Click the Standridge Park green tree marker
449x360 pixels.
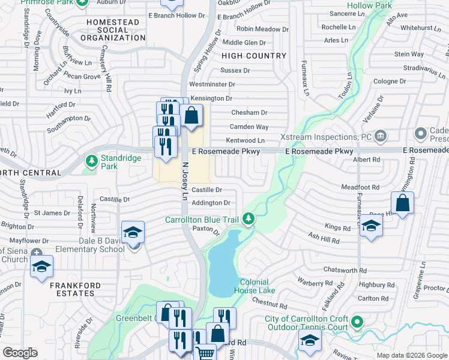[x=91, y=160]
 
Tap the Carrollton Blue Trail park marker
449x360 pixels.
[x=248, y=220]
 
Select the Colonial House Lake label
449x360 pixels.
[x=258, y=286]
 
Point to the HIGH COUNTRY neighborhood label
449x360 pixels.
[x=254, y=56]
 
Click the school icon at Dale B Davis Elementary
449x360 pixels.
[x=133, y=232]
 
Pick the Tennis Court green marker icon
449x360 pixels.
[x=358, y=322]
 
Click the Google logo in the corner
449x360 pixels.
[x=20, y=353]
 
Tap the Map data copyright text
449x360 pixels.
[x=412, y=355]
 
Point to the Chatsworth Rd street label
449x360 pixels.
[x=345, y=271]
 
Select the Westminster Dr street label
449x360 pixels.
[x=211, y=85]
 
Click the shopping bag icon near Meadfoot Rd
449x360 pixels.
[x=403, y=203]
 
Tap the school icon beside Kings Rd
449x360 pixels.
[x=372, y=227]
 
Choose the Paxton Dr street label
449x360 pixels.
[x=203, y=228]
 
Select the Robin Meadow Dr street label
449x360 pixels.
[x=259, y=29]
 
